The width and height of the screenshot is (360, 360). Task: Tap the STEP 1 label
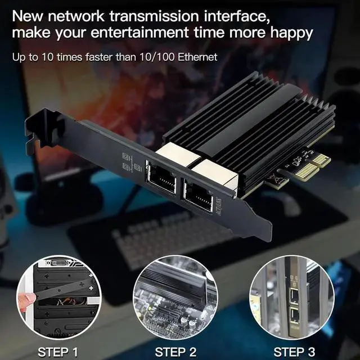point(58,353)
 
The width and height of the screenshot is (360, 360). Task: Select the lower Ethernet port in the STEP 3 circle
point(295,315)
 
